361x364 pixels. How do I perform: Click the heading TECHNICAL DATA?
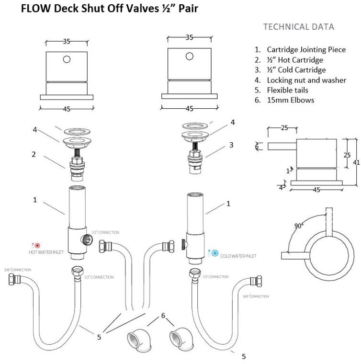click(299, 27)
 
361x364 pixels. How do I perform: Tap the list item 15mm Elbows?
click(291, 100)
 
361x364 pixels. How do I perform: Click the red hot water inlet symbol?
click(37, 245)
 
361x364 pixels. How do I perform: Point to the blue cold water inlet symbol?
click(215, 252)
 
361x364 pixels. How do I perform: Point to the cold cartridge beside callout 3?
click(195, 161)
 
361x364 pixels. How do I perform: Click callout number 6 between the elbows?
click(163, 316)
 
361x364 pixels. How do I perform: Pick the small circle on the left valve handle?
click(67, 59)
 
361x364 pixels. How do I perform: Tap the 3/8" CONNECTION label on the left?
click(14, 270)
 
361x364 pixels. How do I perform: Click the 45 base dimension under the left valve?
click(67, 109)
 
